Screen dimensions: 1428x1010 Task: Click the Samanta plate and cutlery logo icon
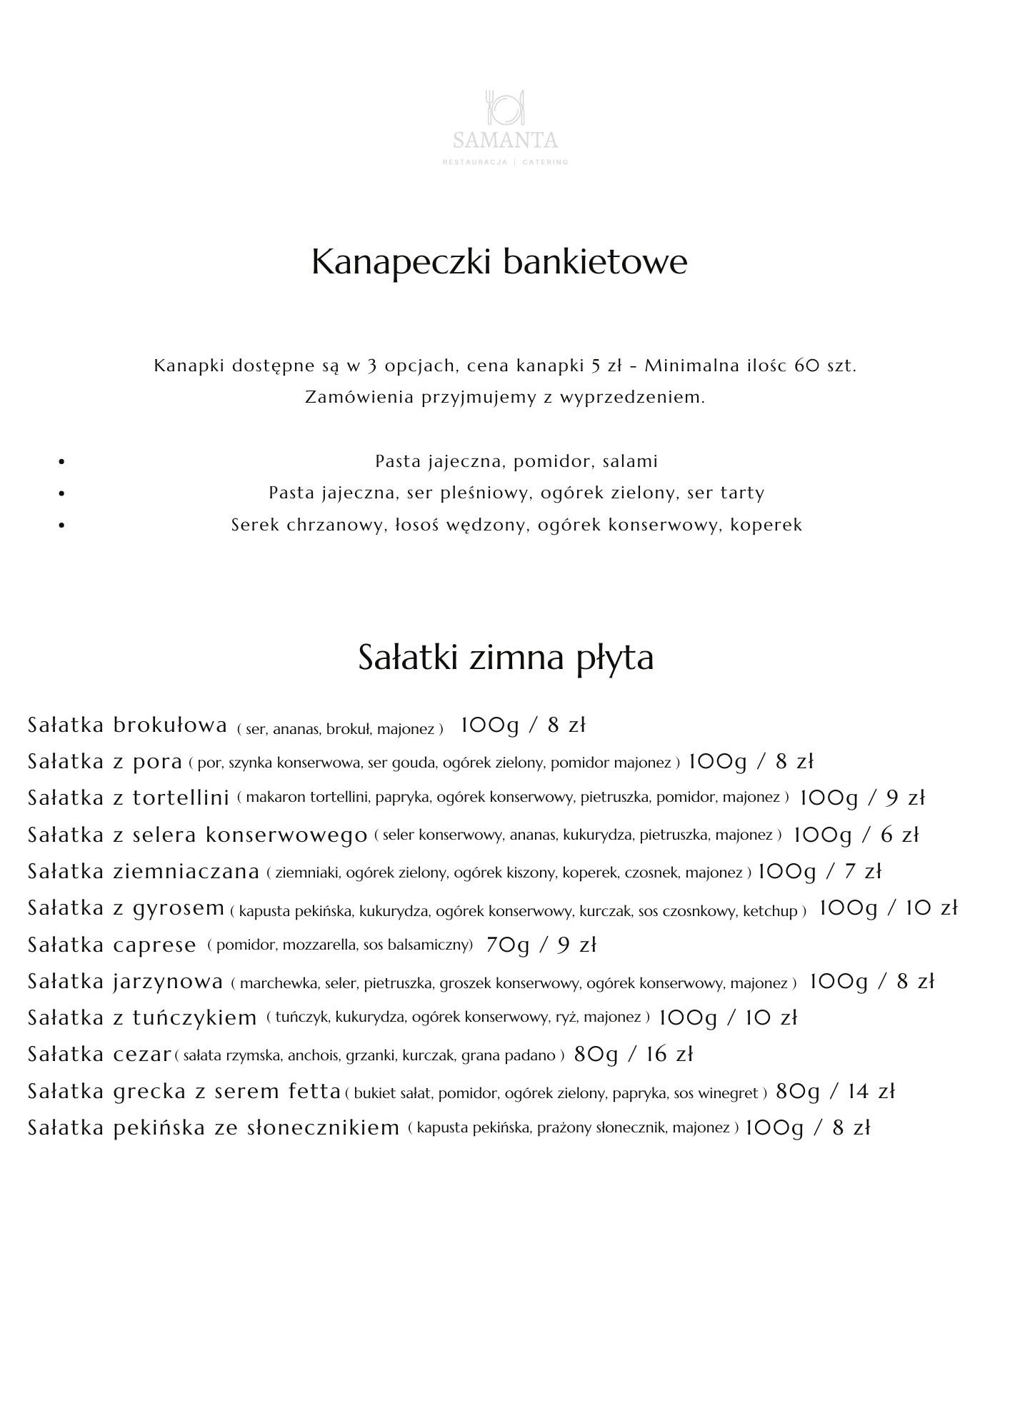[505, 107]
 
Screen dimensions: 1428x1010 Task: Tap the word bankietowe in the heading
[595, 262]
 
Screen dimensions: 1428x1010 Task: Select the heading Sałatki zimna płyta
[505, 658]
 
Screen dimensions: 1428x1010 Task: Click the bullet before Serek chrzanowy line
[61, 526]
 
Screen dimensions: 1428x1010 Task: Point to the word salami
[630, 461]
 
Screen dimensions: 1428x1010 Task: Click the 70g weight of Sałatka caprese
[508, 945]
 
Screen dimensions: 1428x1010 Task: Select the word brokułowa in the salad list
[170, 725]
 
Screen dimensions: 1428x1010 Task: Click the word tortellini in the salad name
[181, 798]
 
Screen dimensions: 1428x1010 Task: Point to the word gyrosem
[179, 909]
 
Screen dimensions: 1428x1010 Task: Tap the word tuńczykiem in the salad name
[194, 1018]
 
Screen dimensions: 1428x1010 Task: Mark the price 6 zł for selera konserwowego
[900, 835]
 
